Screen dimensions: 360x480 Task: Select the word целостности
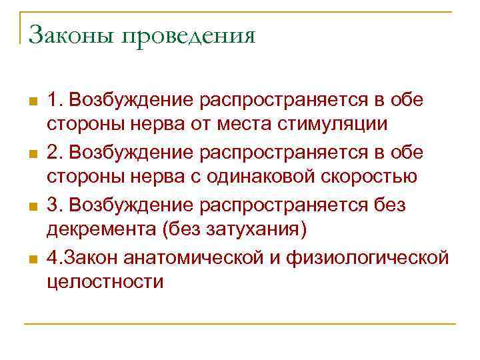point(105,281)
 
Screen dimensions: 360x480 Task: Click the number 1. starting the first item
point(53,100)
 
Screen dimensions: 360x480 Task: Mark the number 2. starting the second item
point(54,152)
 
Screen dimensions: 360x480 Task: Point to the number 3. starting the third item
point(54,204)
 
